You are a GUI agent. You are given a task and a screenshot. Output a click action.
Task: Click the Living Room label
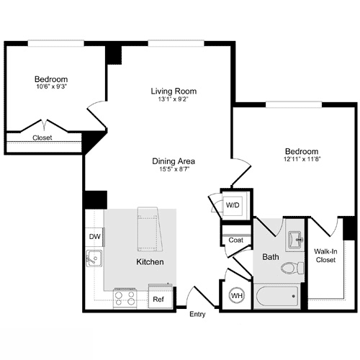click(174, 91)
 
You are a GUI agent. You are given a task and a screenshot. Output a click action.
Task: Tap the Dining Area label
click(174, 161)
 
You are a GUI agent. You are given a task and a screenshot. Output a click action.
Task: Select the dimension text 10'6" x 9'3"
click(50, 88)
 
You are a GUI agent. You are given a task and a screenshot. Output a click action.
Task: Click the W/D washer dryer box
click(233, 205)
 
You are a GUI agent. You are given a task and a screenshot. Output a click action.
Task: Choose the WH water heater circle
click(237, 295)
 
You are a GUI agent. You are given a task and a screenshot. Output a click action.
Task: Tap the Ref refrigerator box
click(158, 297)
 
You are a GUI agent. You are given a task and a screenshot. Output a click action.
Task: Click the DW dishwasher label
click(94, 236)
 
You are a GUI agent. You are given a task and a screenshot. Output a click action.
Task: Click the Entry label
click(197, 315)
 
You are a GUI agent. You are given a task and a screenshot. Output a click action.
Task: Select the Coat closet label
click(235, 240)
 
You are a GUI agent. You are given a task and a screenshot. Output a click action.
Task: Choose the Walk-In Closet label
click(326, 256)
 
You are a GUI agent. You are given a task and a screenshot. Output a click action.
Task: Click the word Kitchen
click(150, 261)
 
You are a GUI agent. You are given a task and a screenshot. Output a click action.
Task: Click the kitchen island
click(149, 228)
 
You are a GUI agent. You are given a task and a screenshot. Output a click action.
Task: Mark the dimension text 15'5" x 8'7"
click(174, 171)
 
